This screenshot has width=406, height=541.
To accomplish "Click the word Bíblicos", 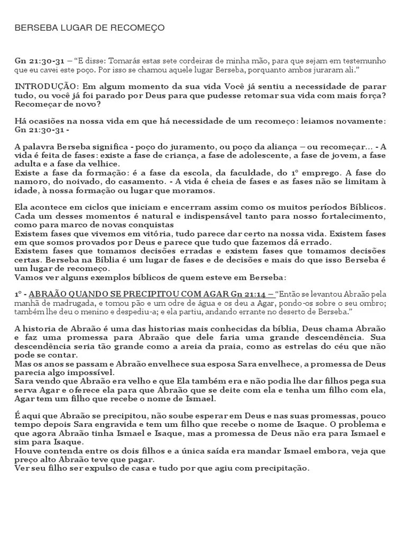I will click(364, 207).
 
